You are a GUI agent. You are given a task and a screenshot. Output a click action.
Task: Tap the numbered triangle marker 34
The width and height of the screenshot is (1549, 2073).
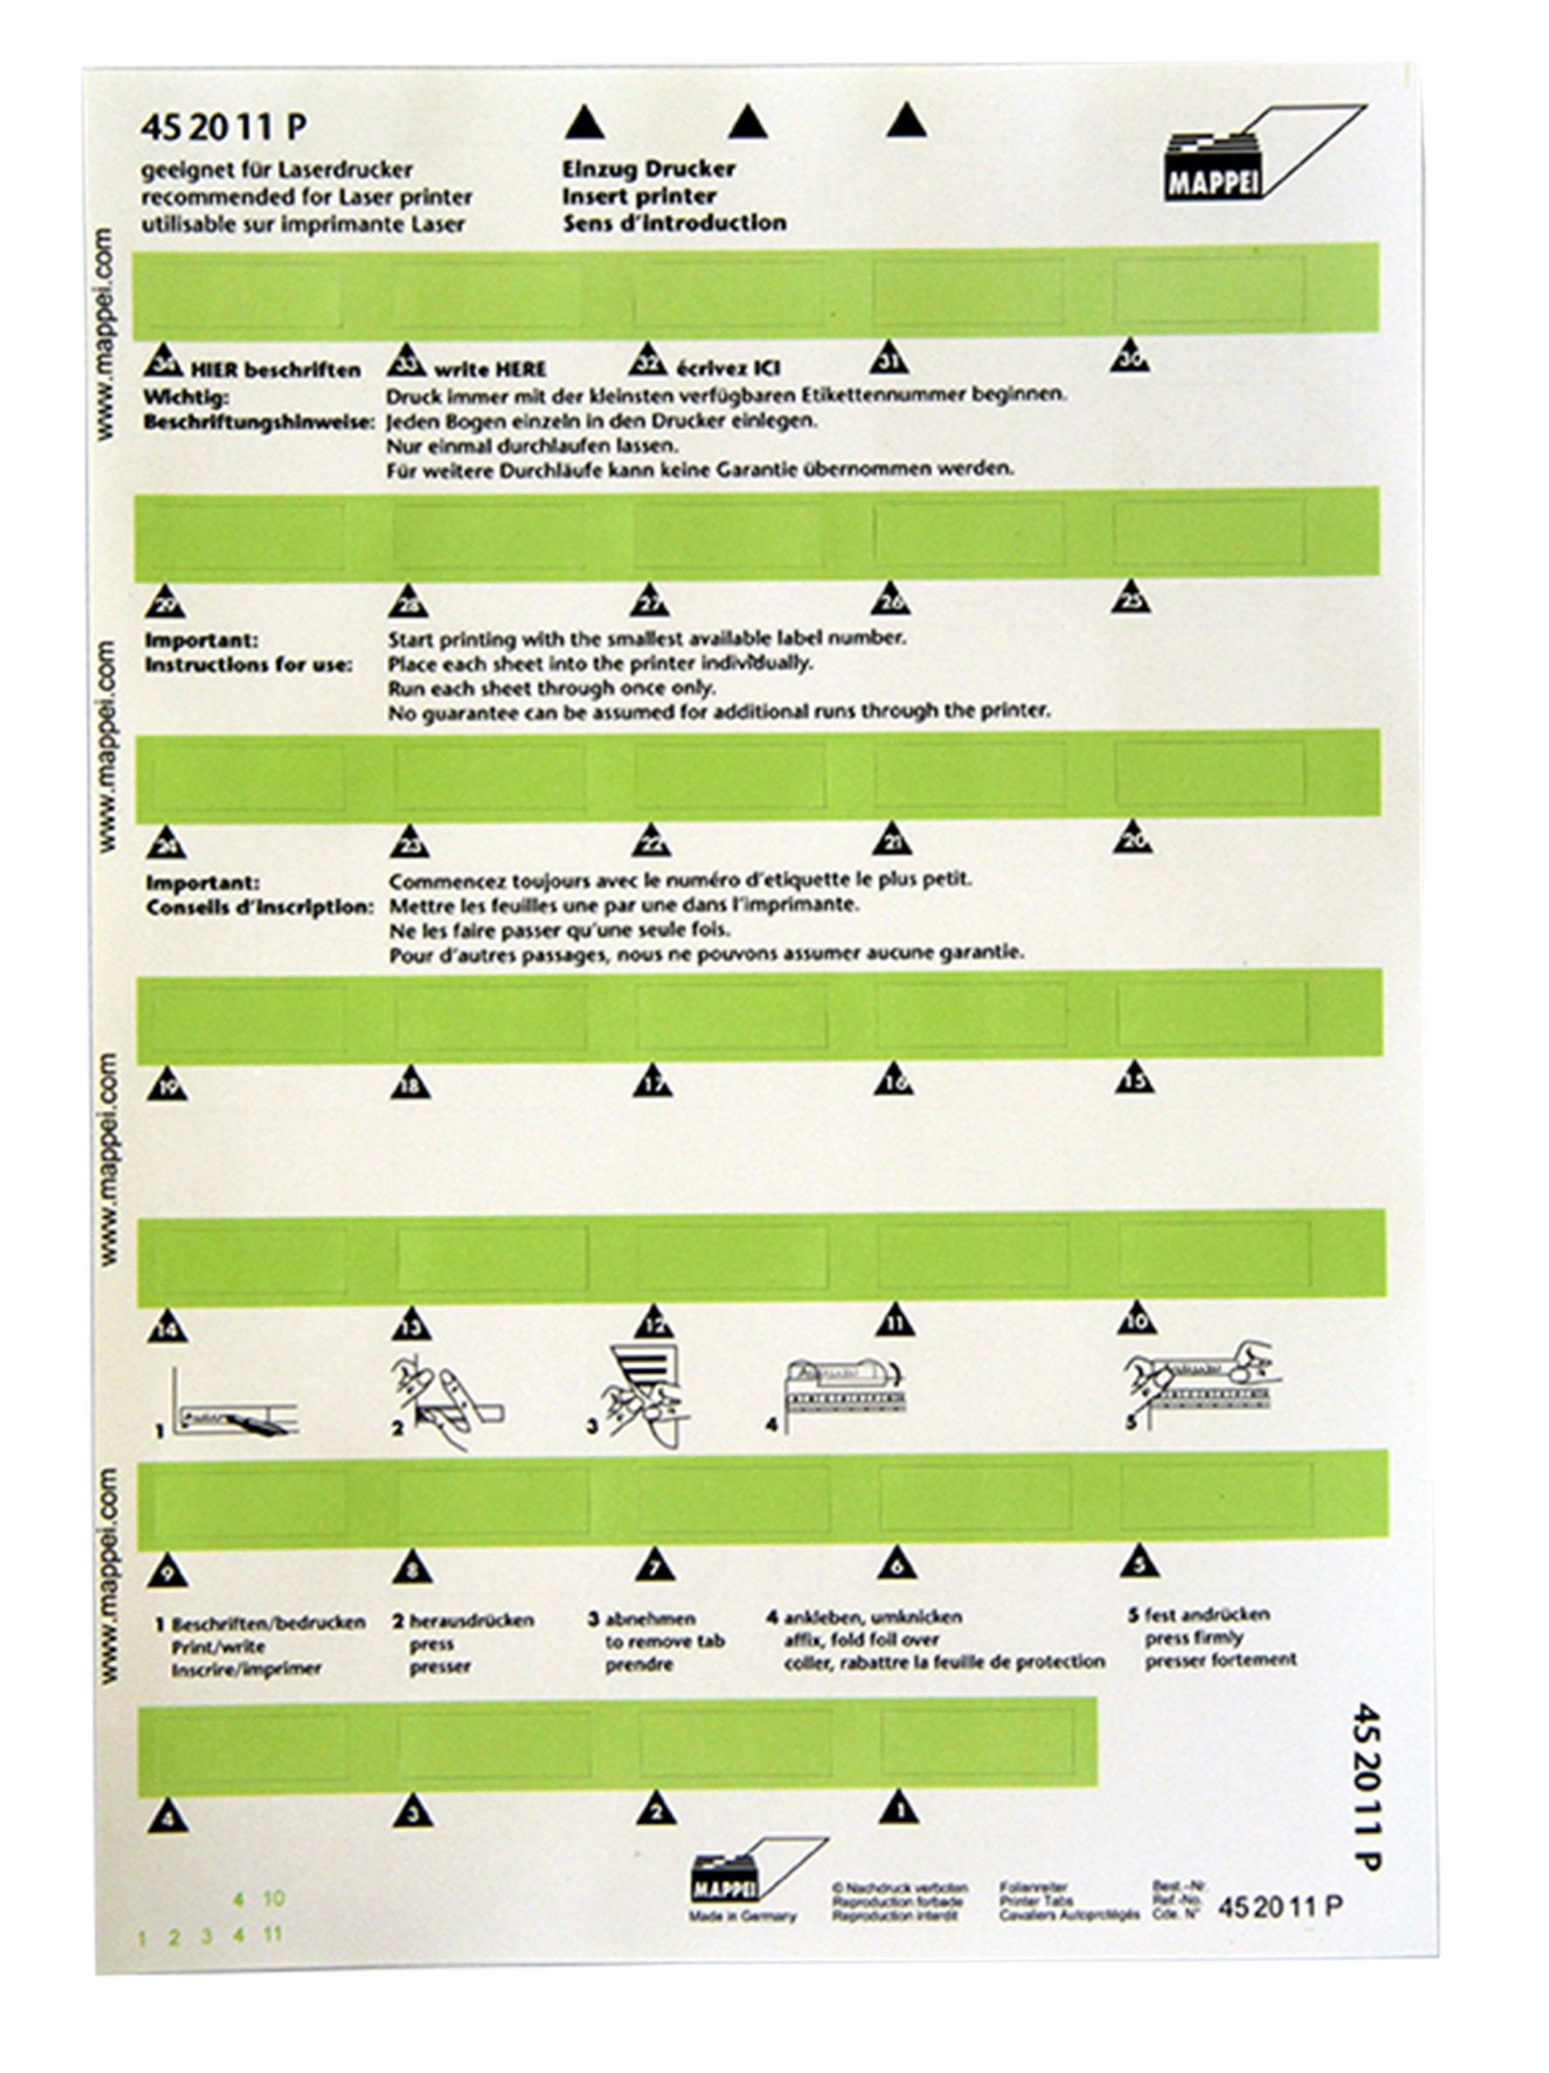point(165,363)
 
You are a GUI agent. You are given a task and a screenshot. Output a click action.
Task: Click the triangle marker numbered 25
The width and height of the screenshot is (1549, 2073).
point(1131,597)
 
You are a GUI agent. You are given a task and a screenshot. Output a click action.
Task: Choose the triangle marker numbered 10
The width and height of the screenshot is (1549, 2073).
point(1136,1319)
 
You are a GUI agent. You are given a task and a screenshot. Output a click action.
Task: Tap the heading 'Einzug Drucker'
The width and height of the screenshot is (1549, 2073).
point(649,170)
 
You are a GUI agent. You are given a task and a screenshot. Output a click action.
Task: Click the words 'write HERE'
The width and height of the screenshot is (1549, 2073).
point(490,369)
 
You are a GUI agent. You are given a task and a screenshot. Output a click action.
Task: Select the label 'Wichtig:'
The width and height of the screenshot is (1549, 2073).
point(185,399)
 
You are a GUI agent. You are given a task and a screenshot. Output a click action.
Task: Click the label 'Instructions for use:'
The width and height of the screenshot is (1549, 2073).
point(248,664)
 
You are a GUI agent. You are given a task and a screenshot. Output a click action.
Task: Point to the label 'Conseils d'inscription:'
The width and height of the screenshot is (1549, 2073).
point(259,907)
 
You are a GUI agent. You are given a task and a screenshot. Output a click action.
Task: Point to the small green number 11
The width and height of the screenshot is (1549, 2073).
point(273,1933)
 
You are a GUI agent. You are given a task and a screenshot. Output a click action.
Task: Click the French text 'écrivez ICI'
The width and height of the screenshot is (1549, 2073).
point(726,368)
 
